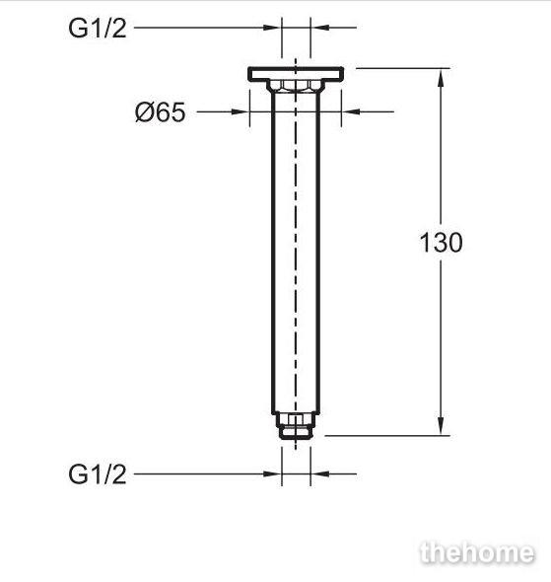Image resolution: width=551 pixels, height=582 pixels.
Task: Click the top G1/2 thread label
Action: (x=98, y=29)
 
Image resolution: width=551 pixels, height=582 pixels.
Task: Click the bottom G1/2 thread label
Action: (x=98, y=474)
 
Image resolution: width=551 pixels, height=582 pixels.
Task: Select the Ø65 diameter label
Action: (x=161, y=112)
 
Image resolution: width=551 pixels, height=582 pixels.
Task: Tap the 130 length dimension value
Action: (x=441, y=243)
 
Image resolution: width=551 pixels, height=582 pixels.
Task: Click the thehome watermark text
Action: (x=478, y=553)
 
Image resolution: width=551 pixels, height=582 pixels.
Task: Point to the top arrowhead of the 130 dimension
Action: (x=441, y=77)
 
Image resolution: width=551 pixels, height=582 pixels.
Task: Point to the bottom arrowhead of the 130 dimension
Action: (x=441, y=426)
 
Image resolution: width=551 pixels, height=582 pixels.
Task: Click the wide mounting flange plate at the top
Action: (x=296, y=74)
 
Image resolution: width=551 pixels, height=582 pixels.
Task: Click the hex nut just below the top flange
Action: (x=296, y=86)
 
